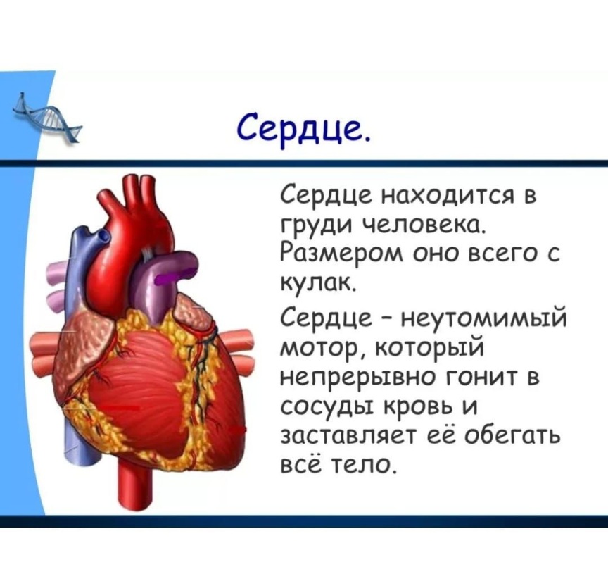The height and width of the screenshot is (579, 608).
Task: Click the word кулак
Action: [317, 285]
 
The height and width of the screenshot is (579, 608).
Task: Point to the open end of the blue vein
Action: [103, 235]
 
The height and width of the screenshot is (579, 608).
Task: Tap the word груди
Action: [316, 227]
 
